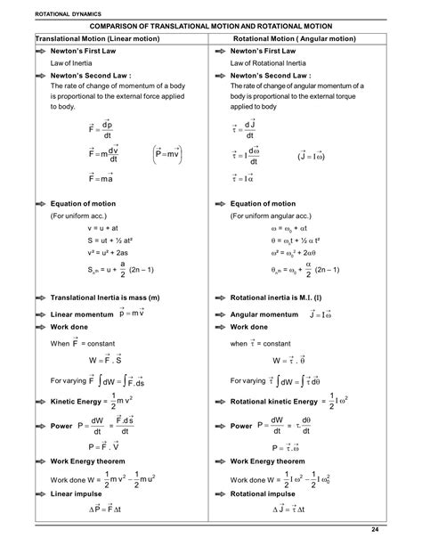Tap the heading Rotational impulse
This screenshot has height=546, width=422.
pos(263,493)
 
